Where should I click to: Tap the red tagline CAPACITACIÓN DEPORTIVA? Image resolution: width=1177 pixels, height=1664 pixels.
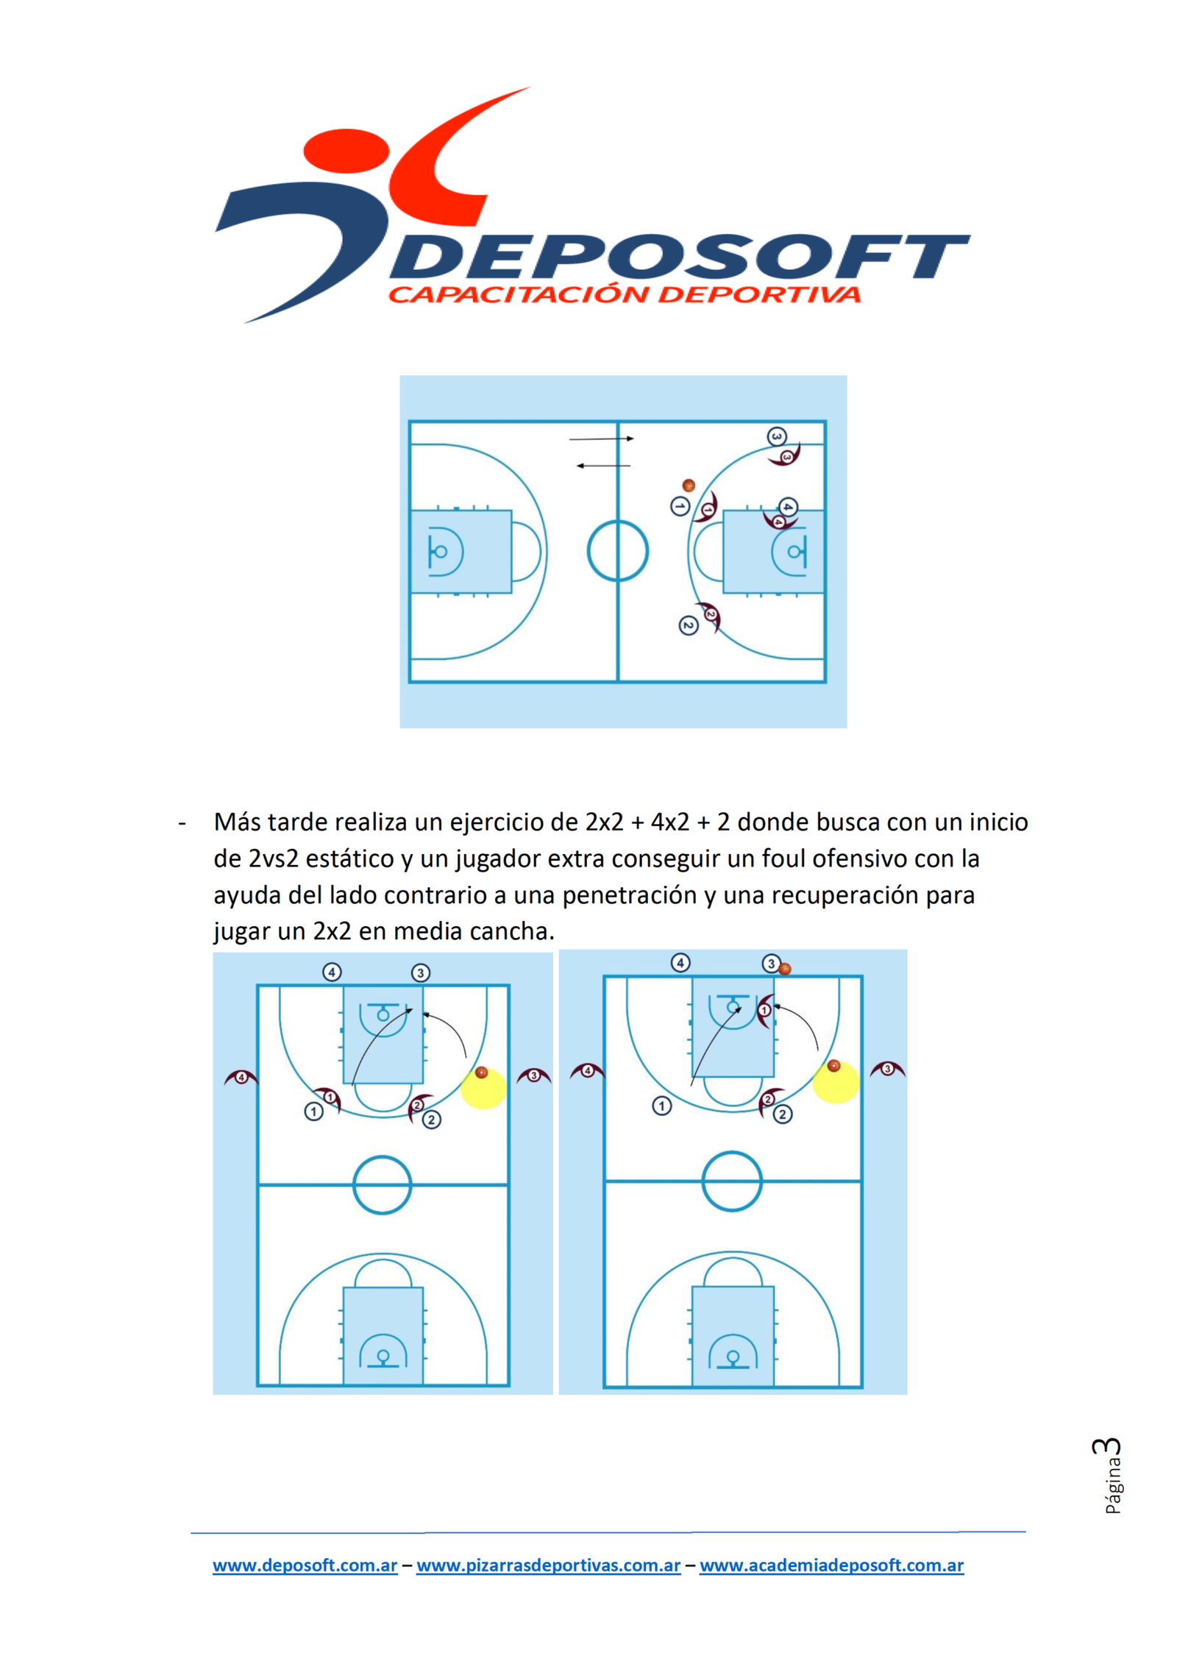625,294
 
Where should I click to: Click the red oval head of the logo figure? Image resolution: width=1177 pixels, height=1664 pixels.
346,150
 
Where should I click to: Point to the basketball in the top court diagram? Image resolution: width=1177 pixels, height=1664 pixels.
689,486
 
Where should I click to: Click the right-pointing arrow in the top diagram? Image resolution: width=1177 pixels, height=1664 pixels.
601,439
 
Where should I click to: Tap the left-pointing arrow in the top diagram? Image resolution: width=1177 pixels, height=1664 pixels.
603,466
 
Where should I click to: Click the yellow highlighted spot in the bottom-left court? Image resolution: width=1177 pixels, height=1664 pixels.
483,1088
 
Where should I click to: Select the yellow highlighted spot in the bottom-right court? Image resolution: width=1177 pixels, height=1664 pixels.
836,1082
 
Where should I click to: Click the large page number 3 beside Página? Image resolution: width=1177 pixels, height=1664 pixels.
1108,1446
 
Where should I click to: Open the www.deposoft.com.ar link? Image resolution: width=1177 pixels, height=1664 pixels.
305,1565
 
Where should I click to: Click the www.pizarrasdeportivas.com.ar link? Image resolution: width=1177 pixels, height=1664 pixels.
549,1565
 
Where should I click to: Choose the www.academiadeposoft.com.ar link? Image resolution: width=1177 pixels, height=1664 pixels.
832,1565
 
